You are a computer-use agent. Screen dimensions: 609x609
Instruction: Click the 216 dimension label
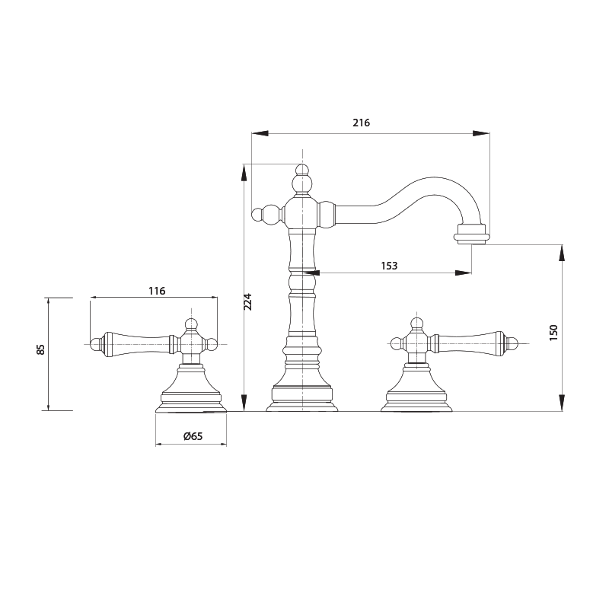coord(361,123)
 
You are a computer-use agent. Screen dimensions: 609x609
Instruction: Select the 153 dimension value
coord(389,266)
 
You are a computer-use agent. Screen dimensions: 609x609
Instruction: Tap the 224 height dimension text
coord(247,301)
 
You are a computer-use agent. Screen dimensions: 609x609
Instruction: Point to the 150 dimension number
coord(553,332)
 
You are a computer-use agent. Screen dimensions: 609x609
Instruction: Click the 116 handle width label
coord(157,291)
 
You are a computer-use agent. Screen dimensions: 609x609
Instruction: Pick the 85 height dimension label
coord(41,349)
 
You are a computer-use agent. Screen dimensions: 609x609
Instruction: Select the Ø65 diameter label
coord(193,436)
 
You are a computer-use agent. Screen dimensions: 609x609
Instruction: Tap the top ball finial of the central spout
coord(302,170)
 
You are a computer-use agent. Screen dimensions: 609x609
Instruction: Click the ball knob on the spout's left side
coord(260,214)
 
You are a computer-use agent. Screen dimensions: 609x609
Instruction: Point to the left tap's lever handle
coord(135,343)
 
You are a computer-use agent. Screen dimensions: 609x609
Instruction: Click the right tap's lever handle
coord(469,343)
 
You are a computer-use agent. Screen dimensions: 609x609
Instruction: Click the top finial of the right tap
coord(416,323)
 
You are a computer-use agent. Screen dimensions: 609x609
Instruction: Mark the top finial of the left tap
coord(192,323)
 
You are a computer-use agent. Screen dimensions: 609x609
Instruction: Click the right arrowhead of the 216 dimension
coord(481,133)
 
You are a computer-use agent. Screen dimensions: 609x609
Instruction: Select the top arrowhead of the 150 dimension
coord(562,253)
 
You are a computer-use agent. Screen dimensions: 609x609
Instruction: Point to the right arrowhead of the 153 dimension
coord(463,273)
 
